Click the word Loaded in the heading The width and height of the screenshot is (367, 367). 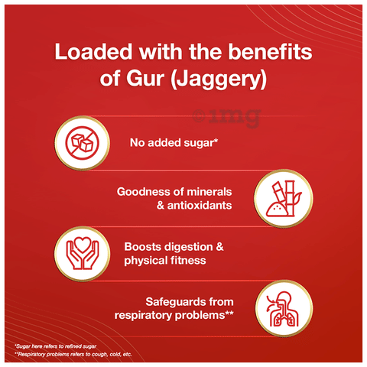click(93, 52)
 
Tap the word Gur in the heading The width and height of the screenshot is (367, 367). click(145, 79)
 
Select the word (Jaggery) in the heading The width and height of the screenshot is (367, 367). click(219, 80)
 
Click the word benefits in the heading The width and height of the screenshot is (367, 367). click(270, 52)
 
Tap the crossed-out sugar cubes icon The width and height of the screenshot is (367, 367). click(82, 143)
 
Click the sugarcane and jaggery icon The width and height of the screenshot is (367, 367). click(284, 199)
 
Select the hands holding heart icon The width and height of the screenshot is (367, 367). click(82, 253)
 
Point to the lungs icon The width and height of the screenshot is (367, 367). click(284, 309)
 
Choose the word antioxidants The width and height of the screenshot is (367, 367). click(200, 205)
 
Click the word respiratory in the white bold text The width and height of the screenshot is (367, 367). click(143, 316)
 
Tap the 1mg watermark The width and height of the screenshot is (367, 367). click(227, 118)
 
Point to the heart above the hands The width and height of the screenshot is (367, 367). click(82, 245)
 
